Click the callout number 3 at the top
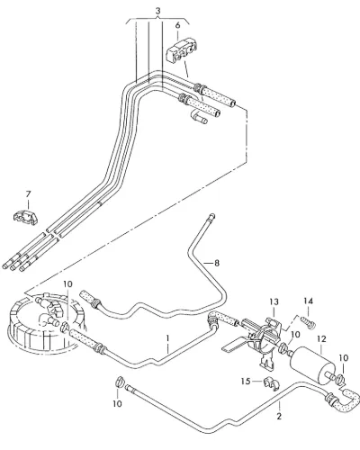coord(158,11)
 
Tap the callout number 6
coord(178,25)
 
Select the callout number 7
coord(28,194)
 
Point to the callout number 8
coord(217,263)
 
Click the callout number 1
coord(168,338)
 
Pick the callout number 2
coord(279,416)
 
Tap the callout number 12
coord(321,339)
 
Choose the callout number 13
coord(274,301)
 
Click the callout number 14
coord(308,301)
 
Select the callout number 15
coord(246,381)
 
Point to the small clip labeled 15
coord(271,383)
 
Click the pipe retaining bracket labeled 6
coord(182,50)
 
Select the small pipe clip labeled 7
coord(26,217)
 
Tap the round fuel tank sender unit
coord(45,322)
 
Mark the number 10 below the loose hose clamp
coord(117,404)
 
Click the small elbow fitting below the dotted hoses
coord(199,117)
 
